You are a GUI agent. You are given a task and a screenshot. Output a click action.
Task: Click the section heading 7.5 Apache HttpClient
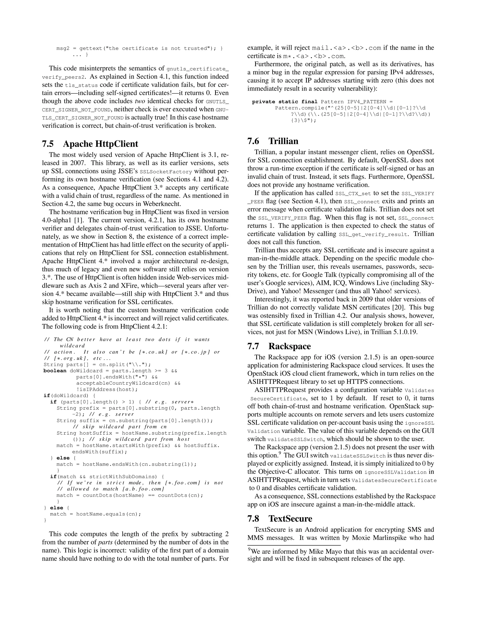click(x=90, y=144)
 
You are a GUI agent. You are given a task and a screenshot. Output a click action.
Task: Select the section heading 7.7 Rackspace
click(x=279, y=346)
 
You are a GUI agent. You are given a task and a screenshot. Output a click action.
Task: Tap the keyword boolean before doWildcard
click(x=55, y=371)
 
